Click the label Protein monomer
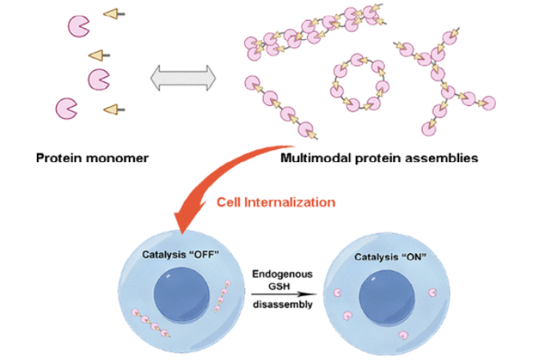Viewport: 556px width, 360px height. pyautogui.click(x=93, y=158)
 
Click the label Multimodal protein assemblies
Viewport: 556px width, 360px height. pyautogui.click(x=379, y=158)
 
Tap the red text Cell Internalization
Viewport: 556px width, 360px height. pyautogui.click(x=276, y=202)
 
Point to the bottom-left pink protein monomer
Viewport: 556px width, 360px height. pyautogui.click(x=66, y=107)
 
